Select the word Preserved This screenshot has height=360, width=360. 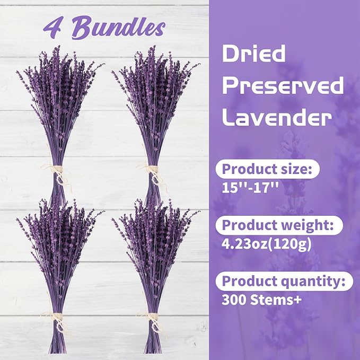(283, 86)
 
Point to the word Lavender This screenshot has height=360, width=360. (276, 117)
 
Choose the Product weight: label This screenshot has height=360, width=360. (278, 225)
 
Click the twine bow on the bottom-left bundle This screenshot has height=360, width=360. (57, 317)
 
